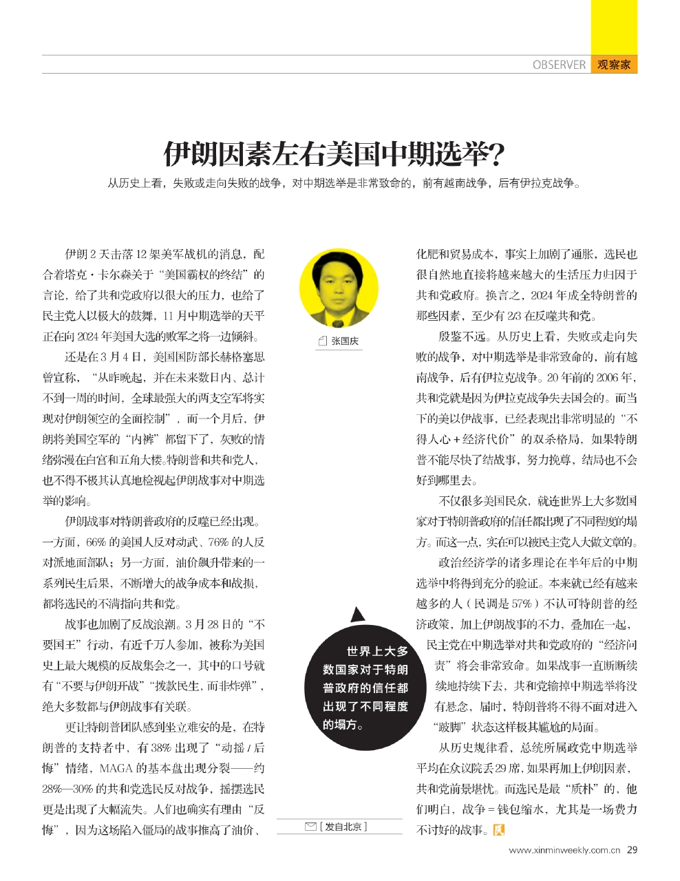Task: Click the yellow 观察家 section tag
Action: click(x=613, y=65)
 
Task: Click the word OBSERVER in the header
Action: click(x=559, y=65)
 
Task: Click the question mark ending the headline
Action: click(x=493, y=154)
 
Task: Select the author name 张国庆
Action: click(x=345, y=341)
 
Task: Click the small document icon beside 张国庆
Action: click(x=323, y=341)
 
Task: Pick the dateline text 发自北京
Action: click(x=343, y=827)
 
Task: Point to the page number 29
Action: click(x=632, y=850)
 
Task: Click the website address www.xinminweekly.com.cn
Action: click(x=565, y=851)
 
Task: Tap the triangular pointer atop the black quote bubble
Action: click(x=356, y=615)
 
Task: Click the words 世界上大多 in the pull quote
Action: click(x=377, y=651)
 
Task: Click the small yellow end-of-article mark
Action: click(x=499, y=831)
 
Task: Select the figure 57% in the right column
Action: click(x=520, y=604)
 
